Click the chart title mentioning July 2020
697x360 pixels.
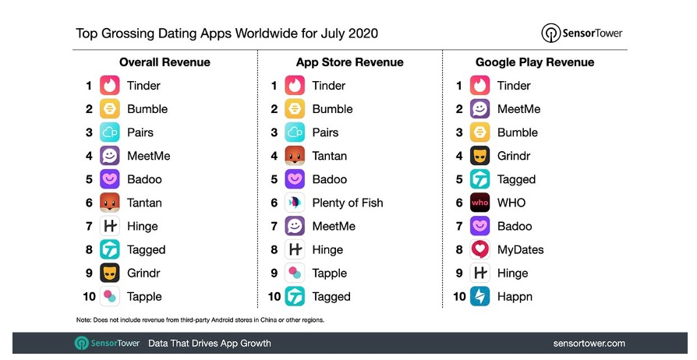click(x=227, y=34)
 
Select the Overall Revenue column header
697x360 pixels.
click(x=165, y=62)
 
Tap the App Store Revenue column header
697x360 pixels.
click(x=349, y=62)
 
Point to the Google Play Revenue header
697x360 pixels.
click(x=535, y=62)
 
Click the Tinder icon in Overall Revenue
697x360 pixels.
click(x=109, y=86)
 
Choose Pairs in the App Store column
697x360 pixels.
click(x=325, y=132)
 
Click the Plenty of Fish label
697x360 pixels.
click(x=348, y=203)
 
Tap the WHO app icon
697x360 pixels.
click(x=480, y=203)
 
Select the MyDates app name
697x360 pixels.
click(x=520, y=249)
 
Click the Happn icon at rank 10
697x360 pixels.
click(x=480, y=296)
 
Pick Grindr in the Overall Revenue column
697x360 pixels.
click(x=143, y=273)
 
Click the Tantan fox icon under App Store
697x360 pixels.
click(x=295, y=156)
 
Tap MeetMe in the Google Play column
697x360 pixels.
click(x=518, y=109)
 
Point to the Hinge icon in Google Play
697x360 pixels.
click(x=480, y=273)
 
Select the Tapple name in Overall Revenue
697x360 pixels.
click(x=144, y=296)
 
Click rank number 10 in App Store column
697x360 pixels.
click(x=273, y=296)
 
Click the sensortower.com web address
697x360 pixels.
click(x=589, y=343)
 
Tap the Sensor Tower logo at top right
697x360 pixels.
click(x=582, y=34)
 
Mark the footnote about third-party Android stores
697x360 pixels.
click(x=200, y=320)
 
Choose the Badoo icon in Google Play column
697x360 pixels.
click(x=480, y=226)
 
